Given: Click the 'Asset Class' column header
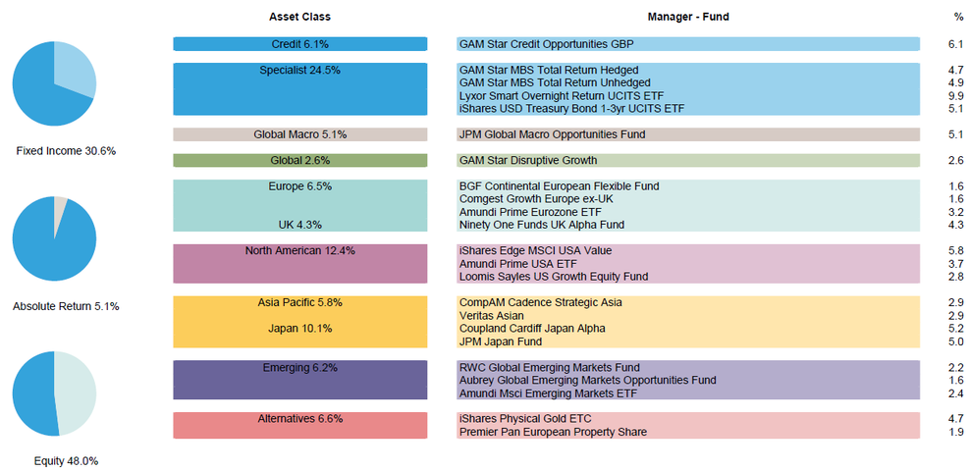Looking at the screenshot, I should tap(299, 17).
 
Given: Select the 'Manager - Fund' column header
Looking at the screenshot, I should tap(688, 17).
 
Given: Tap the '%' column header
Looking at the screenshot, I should tap(957, 17).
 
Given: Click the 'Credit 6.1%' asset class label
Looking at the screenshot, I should tap(300, 44).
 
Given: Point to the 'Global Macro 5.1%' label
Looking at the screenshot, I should tap(300, 134).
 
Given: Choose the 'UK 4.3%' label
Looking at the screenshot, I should tap(300, 225).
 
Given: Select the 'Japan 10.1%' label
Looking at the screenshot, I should tap(300, 329).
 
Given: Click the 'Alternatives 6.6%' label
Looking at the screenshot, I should tap(300, 419).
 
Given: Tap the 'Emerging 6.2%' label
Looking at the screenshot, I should tap(300, 368).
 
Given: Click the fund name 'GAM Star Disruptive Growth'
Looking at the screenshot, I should tap(528, 161).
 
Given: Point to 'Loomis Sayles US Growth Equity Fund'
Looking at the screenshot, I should tap(554, 277).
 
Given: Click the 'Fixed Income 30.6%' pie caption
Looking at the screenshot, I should tap(66, 151).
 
